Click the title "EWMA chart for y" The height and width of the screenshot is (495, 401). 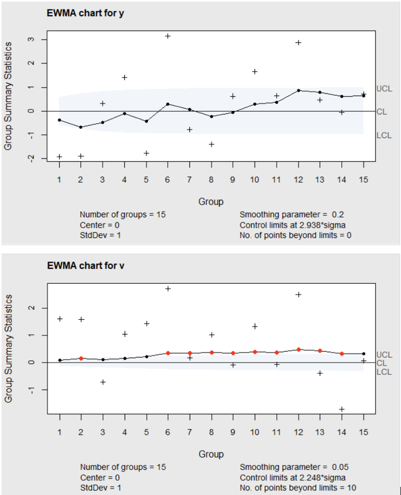tap(85, 13)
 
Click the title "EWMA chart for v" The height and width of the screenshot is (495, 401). tap(85, 265)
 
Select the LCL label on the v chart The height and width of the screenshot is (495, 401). tap(384, 372)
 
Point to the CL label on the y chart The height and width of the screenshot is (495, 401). tap(382, 111)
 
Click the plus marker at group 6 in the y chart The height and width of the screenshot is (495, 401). tap(167, 36)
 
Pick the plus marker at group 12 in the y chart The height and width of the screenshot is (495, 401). tap(298, 42)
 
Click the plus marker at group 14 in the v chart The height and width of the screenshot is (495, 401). tap(341, 409)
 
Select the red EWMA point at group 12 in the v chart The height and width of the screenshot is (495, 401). tap(298, 350)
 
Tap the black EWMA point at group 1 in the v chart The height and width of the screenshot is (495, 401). tap(59, 360)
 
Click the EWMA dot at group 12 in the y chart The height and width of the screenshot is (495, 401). tap(298, 91)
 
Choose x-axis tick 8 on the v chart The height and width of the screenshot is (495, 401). tap(211, 432)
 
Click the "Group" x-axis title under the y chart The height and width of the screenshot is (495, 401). tap(211, 201)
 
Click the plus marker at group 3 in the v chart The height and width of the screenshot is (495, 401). tap(102, 382)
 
